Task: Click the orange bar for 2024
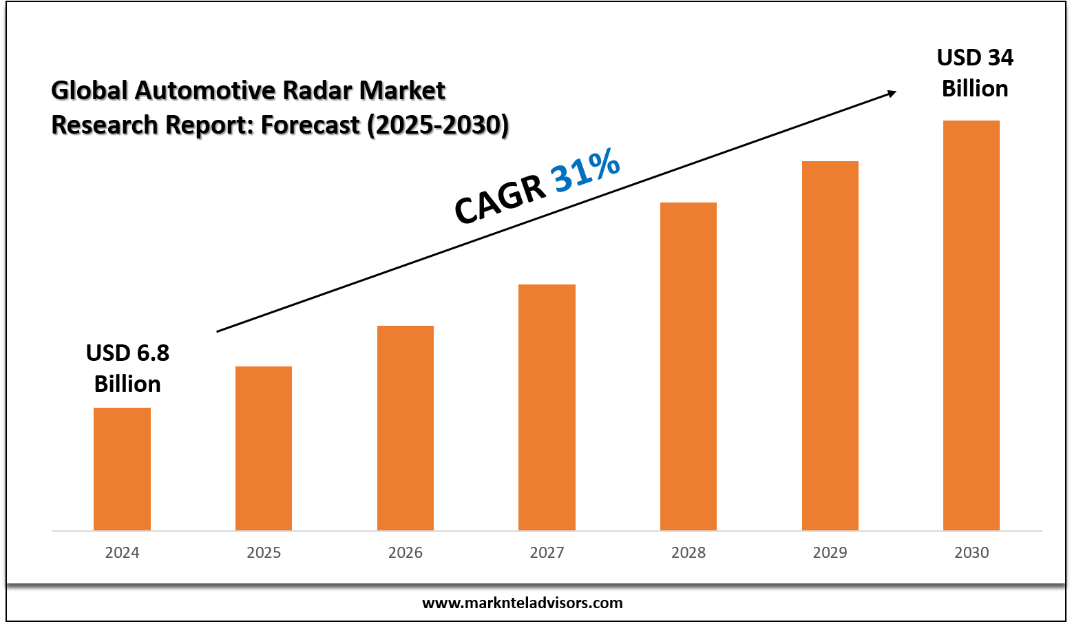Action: pos(122,469)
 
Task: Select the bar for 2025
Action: pos(264,448)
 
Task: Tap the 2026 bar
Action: pos(406,428)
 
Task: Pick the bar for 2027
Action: pos(547,407)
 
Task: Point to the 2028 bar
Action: pos(689,366)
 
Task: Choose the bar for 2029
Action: pos(830,346)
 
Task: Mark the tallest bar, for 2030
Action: pos(971,325)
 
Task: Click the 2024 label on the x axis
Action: pos(122,552)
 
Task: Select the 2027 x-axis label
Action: pos(547,552)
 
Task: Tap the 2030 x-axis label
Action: pos(971,552)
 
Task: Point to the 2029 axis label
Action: pos(830,552)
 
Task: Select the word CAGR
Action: pos(500,199)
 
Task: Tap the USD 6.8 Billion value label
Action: pos(127,368)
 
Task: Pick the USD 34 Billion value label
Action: pos(975,73)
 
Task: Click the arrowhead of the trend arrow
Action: pos(892,92)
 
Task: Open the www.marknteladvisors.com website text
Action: pos(522,603)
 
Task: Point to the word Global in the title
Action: pos(90,90)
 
